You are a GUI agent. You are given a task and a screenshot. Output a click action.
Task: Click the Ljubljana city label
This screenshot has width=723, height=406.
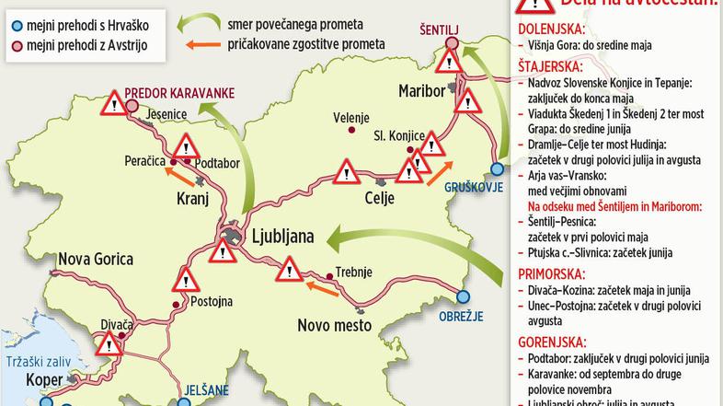tap(275, 237)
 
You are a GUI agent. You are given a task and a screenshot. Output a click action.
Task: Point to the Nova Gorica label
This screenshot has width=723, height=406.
tap(96, 261)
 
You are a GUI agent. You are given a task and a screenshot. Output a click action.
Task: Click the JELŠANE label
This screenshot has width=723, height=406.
tap(205, 389)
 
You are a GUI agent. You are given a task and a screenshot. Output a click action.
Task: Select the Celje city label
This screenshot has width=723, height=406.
tap(380, 199)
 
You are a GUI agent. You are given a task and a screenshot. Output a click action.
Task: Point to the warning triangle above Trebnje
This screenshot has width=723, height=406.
tap(290, 269)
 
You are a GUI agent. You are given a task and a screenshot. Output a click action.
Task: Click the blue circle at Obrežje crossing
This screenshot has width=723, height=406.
tap(465, 296)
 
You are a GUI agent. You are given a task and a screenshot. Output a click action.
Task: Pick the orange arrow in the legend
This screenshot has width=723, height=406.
tap(212, 43)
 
